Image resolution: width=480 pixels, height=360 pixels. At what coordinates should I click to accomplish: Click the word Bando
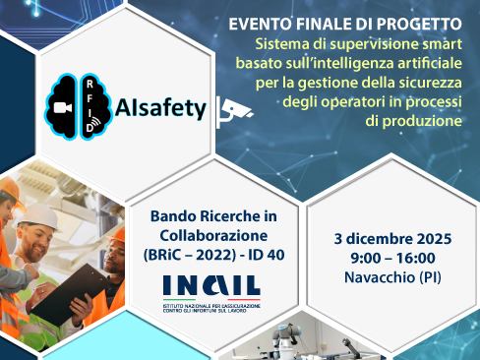[170, 215]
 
